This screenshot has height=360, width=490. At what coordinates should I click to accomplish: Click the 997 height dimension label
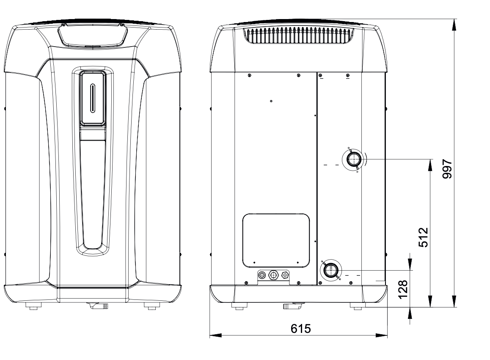click(447, 169)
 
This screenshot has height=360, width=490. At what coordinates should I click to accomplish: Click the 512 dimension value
click(424, 238)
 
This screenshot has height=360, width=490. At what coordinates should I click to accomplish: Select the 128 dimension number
click(403, 289)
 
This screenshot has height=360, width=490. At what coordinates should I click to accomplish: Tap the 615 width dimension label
click(300, 329)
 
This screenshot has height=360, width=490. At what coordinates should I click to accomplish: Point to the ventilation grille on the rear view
click(298, 35)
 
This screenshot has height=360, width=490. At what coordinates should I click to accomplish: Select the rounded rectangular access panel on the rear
click(276, 241)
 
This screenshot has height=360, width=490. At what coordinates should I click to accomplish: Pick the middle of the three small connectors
click(274, 275)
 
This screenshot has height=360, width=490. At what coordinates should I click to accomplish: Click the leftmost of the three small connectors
click(262, 275)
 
